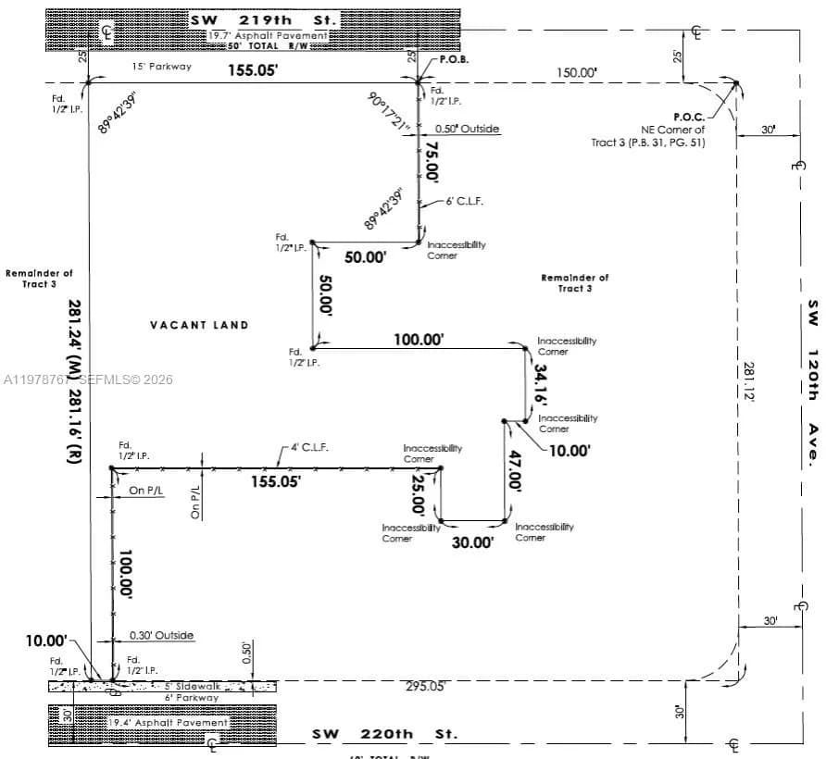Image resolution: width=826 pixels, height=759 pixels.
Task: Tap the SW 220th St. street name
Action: click(384, 734)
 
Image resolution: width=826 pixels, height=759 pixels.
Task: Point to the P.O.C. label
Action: click(689, 117)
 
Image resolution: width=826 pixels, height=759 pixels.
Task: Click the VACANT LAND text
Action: click(199, 325)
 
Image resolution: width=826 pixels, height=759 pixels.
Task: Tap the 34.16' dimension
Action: click(541, 381)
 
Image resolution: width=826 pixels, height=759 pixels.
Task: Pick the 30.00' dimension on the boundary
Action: click(472, 542)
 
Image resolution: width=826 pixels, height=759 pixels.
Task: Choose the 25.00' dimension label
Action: click(418, 493)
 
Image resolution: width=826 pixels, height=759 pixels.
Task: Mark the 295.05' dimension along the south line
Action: click(425, 686)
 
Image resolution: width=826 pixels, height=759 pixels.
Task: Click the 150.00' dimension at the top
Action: click(576, 72)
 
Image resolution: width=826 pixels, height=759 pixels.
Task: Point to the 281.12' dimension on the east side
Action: click(748, 380)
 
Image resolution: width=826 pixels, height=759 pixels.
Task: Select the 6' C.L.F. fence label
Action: click(465, 201)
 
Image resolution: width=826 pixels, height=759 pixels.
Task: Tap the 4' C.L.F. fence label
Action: click(310, 447)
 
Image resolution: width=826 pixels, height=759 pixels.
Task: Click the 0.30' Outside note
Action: click(161, 635)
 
